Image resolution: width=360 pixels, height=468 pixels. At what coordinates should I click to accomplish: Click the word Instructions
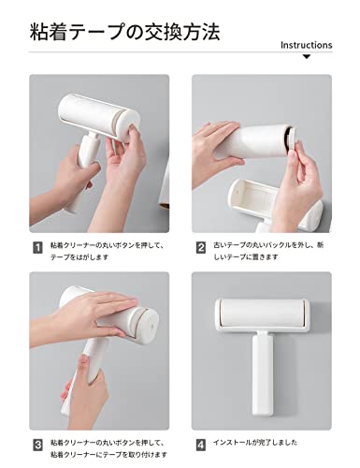pyautogui.click(x=307, y=45)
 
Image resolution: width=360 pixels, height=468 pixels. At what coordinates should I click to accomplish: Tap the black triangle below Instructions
pyautogui.click(x=307, y=57)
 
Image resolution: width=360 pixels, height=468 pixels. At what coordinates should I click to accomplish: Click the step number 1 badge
pyautogui.click(x=37, y=248)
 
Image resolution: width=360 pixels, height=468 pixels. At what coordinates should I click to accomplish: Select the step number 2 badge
pyautogui.click(x=201, y=248)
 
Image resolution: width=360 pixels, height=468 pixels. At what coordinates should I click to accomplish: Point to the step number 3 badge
pyautogui.click(x=37, y=446)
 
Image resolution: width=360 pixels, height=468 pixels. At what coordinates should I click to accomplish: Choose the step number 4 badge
pyautogui.click(x=201, y=446)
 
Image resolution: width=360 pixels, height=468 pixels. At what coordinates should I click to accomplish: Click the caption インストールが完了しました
pyautogui.click(x=255, y=443)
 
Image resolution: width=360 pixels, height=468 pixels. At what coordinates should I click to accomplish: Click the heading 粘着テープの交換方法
pyautogui.click(x=124, y=32)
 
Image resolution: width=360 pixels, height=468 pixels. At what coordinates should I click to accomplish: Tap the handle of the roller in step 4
pyautogui.click(x=263, y=373)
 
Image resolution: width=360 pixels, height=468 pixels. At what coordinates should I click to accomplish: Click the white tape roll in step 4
pyautogui.click(x=262, y=313)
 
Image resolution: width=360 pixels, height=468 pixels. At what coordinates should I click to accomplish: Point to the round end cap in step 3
pyautogui.click(x=149, y=326)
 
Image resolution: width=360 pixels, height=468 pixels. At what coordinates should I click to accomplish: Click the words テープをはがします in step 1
pyautogui.click(x=79, y=257)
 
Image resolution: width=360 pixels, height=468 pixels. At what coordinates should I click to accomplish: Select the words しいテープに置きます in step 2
pyautogui.click(x=245, y=257)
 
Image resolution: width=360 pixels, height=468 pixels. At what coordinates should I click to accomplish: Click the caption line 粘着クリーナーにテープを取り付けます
pyautogui.click(x=108, y=454)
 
